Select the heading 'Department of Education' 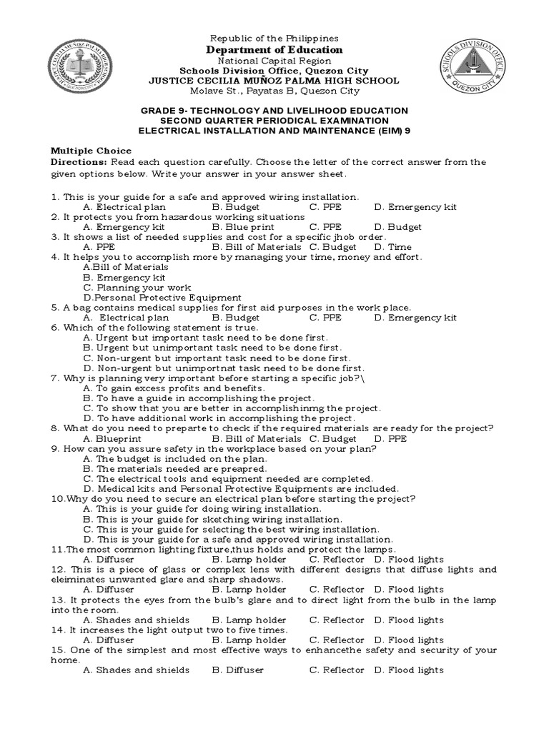274,50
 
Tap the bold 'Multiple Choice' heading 91,151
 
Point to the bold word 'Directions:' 79,162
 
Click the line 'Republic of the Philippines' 274,38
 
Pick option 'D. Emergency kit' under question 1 415,207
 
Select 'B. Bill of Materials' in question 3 257,247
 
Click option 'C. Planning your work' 132,287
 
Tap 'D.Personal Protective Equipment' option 162,297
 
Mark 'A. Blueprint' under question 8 112,438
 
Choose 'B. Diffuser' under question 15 238,670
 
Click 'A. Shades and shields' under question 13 137,620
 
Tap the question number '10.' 57,498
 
